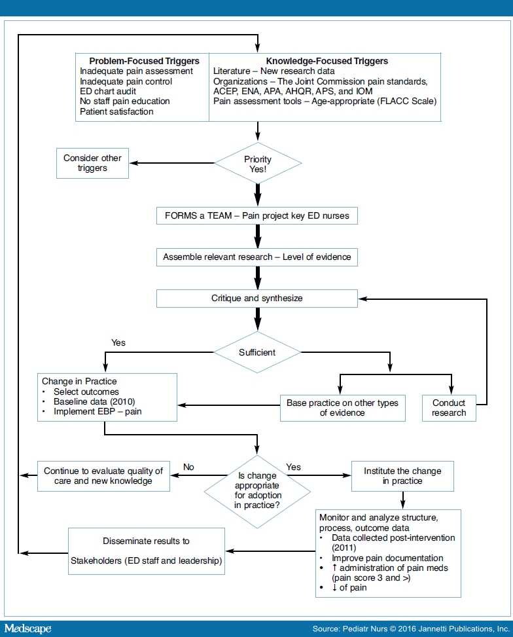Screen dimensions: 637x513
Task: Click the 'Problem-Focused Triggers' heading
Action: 144,61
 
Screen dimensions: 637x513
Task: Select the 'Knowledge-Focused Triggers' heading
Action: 327,61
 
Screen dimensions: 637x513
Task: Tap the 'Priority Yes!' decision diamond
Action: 258,163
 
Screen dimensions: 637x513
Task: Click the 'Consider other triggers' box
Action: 92,163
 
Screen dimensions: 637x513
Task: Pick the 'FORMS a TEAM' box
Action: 257,215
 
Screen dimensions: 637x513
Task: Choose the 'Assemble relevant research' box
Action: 257,257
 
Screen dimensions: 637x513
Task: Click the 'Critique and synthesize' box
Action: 257,298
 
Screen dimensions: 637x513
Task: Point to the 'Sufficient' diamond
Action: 257,352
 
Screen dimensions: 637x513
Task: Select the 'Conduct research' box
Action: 449,407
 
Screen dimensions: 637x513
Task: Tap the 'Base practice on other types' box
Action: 342,407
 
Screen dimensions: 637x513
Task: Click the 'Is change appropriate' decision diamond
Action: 256,490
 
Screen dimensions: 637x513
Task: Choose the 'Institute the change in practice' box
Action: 402,476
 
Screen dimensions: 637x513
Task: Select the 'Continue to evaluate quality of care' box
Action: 103,476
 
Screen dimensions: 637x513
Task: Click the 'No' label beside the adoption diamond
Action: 189,467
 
